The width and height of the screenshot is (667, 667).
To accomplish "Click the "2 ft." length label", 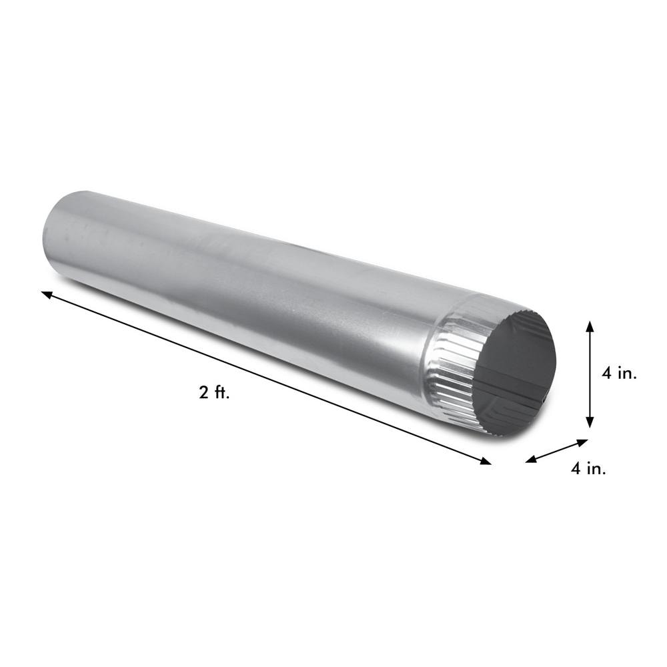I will tap(214, 393).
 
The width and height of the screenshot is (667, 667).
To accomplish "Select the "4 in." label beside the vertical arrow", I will tap(619, 374).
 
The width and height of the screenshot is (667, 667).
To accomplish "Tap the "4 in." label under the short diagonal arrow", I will tap(588, 469).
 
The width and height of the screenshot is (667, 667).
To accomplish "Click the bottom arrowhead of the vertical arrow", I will tap(590, 423).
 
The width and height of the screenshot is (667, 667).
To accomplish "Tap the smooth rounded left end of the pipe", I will tap(57, 233).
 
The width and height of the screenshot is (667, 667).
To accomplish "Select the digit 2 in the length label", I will tap(203, 393).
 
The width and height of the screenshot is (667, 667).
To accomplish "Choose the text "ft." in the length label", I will tap(221, 393).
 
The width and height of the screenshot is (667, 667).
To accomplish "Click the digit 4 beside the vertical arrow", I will tap(606, 374).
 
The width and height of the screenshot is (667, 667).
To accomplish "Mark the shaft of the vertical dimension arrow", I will tap(590, 374).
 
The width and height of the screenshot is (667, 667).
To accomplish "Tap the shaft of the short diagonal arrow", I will tap(557, 450).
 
